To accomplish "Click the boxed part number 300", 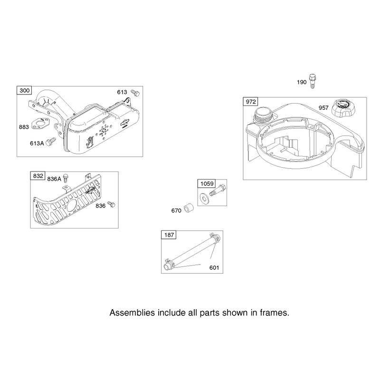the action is [x=25, y=90].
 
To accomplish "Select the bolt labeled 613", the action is [x=135, y=92].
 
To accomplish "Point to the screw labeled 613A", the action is [x=51, y=142].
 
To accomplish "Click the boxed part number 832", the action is [x=38, y=176].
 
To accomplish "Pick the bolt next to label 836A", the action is [x=66, y=178].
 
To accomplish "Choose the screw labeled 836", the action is [x=112, y=204].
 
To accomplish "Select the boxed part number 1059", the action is [x=207, y=183].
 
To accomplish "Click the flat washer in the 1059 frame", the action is [x=204, y=199].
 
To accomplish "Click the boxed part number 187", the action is [x=169, y=235].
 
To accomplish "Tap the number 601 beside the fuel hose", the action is [x=214, y=267].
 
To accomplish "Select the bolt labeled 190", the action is [x=313, y=81].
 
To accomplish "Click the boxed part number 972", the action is [x=251, y=102].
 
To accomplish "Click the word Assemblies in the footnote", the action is [x=132, y=313].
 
